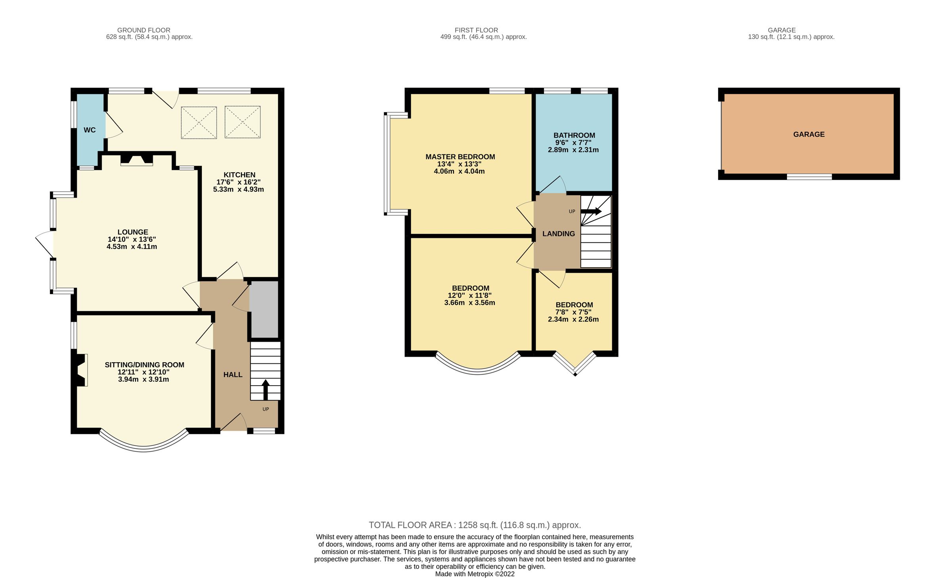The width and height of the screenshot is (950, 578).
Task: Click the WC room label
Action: [x=89, y=130]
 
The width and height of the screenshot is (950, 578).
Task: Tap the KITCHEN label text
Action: [x=239, y=175]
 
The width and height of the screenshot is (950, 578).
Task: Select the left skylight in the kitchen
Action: [x=199, y=123]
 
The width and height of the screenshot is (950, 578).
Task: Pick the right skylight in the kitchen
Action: [x=242, y=122]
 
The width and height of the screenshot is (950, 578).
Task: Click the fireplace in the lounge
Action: [x=137, y=160]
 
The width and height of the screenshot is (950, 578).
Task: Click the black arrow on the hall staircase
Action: [x=265, y=390]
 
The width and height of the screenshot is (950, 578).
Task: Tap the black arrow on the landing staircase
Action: [x=591, y=211]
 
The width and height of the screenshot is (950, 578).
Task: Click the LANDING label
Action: [x=558, y=234]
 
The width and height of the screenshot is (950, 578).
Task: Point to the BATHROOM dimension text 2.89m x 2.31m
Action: [x=573, y=150]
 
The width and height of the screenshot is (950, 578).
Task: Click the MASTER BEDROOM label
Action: [x=460, y=157]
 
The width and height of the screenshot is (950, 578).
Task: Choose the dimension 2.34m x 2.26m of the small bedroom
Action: [x=573, y=319]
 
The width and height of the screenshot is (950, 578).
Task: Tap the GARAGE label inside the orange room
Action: [x=808, y=135]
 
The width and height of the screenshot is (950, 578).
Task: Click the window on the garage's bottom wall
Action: [x=809, y=177]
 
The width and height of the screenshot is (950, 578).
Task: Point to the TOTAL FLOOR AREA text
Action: [x=475, y=525]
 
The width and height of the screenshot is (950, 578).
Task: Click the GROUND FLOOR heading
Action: [x=144, y=30]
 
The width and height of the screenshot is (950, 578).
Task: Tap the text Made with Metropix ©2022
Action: [x=475, y=574]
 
